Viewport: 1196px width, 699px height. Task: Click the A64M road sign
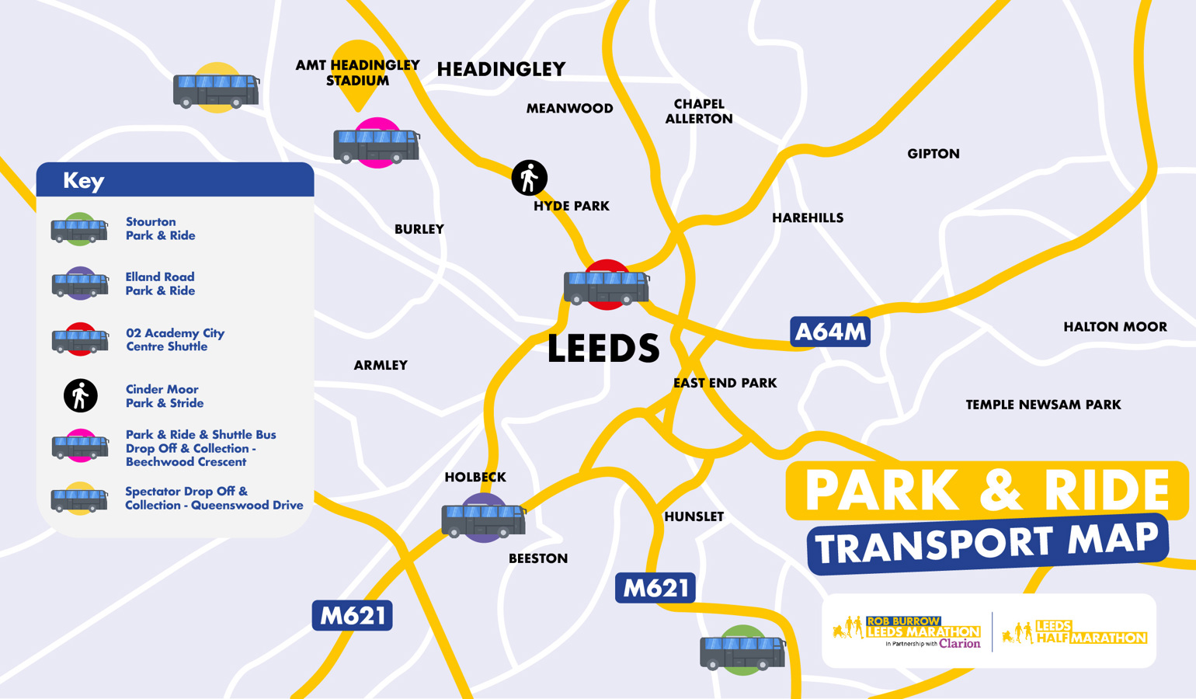coord(829,332)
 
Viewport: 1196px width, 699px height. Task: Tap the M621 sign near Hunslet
coord(655,589)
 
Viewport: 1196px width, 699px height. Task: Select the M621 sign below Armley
coord(352,616)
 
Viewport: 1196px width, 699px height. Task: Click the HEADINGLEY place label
coord(501,70)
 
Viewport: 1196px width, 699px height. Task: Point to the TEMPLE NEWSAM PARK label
coord(1043,405)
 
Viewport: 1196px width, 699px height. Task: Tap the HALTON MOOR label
coord(1114,327)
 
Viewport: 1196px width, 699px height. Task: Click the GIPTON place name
coord(933,154)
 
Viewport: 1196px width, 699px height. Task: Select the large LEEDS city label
coord(603,349)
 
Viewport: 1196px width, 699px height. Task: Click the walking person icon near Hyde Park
coord(530,178)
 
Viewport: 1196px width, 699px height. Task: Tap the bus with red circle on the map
coord(606,286)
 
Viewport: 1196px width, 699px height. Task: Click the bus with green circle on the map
coord(742,651)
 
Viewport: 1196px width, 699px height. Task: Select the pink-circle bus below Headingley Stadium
coord(377,144)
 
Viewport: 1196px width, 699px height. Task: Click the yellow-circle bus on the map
coord(216,89)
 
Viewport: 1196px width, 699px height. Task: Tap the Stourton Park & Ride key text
coord(160,229)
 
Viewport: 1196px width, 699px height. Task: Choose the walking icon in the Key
coord(81,396)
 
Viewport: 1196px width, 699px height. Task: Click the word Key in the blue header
coord(83,181)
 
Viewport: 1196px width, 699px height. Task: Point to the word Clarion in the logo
coord(959,643)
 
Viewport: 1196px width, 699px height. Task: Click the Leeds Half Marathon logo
coord(1074,632)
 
